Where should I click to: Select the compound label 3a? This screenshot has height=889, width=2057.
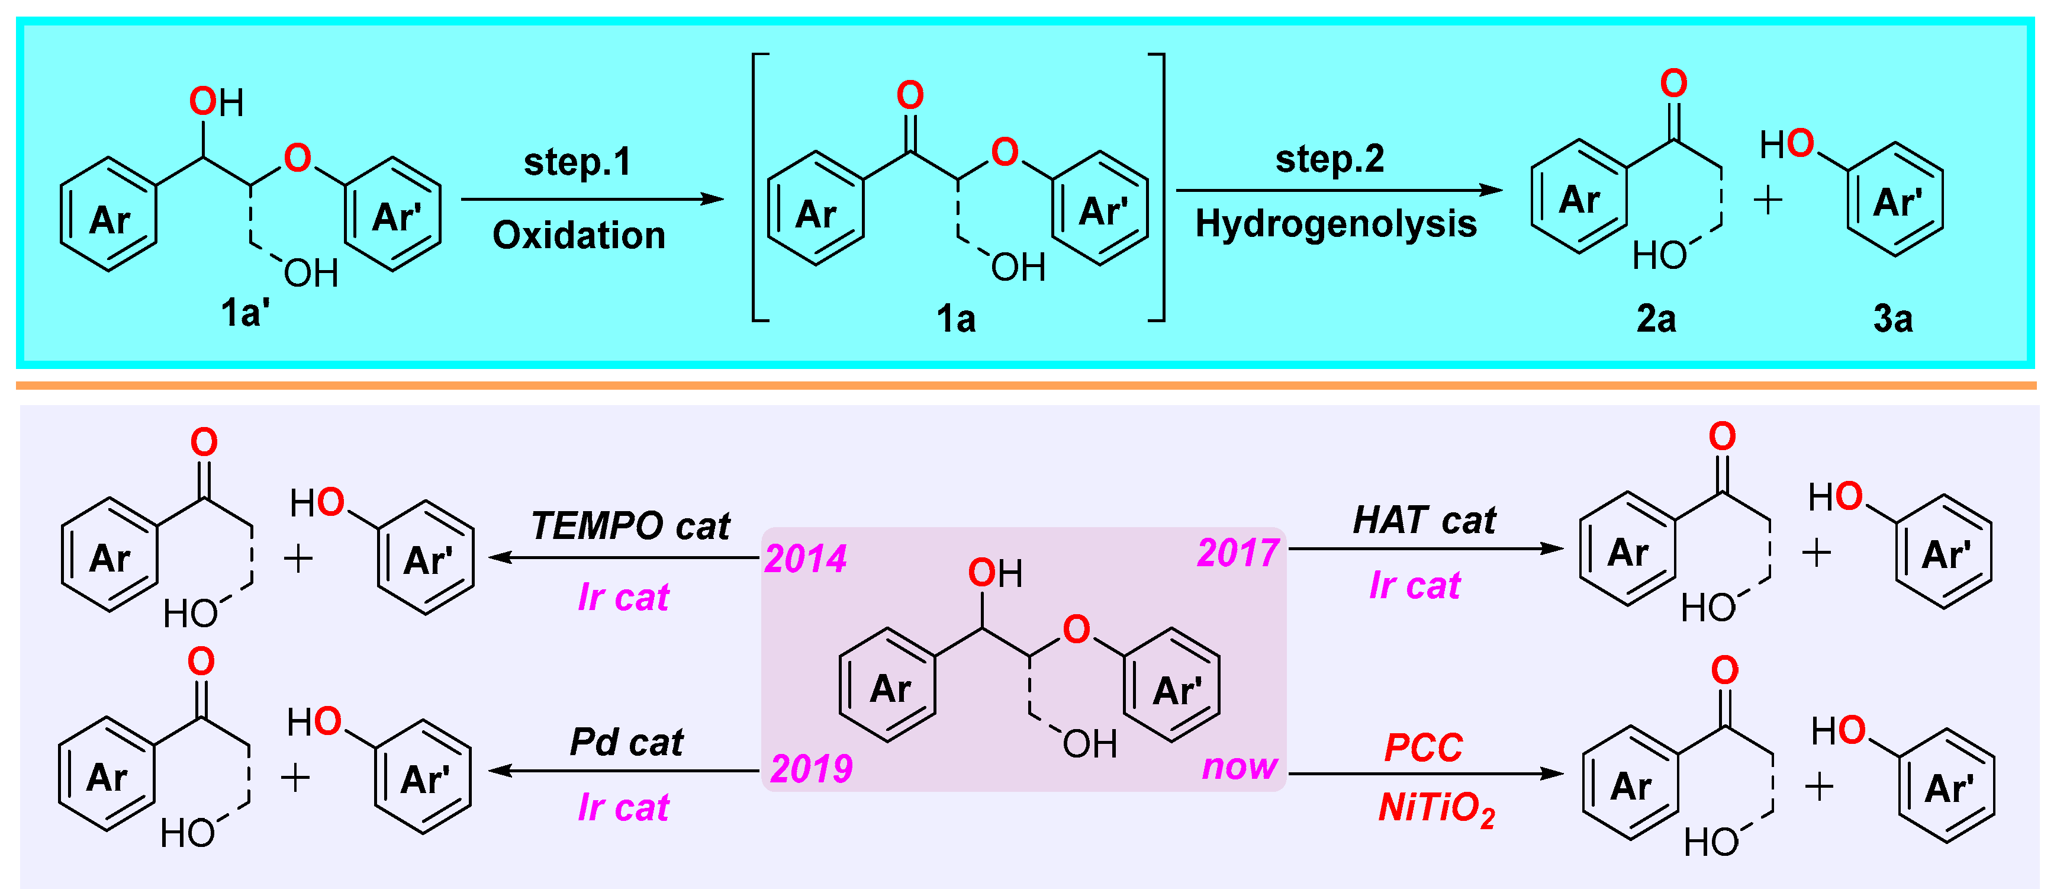point(1892,319)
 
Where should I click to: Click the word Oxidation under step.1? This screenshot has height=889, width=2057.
point(579,236)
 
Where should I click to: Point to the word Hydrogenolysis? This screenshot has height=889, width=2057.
point(1336,224)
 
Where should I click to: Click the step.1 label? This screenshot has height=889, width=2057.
point(577,162)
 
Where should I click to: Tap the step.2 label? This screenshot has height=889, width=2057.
point(1330,159)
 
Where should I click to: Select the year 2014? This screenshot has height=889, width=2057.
point(805,559)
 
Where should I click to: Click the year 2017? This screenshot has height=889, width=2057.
point(1238,553)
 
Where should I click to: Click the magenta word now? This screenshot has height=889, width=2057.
point(1240,767)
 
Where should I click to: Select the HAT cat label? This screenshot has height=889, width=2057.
point(1425,521)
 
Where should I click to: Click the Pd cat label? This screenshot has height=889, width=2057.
point(627,743)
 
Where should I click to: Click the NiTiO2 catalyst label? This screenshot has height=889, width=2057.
point(1435,808)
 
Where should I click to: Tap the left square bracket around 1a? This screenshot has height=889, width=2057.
point(759,188)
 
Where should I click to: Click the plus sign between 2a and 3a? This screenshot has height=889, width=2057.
point(1768,200)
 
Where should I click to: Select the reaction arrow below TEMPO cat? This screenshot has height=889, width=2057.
point(623,557)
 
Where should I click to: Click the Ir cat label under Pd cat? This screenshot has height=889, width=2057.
point(623,807)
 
